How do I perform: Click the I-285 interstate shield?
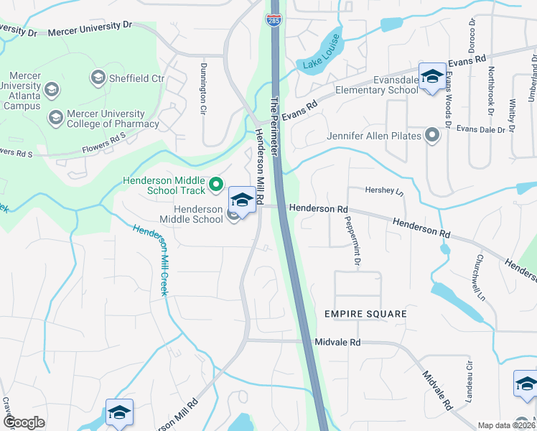[x=273, y=19]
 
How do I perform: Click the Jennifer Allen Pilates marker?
[x=431, y=134]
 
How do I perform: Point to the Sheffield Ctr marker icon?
[x=98, y=77]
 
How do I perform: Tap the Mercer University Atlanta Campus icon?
[x=52, y=90]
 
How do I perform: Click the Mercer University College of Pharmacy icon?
[x=55, y=116]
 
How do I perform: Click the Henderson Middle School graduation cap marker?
[x=242, y=200]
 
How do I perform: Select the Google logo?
[x=24, y=422]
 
